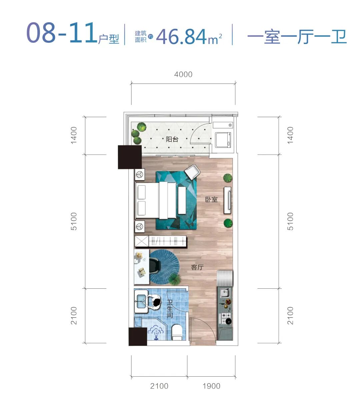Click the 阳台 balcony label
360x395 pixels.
click(x=172, y=139)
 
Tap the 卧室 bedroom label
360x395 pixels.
click(x=211, y=200)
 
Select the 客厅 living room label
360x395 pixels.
click(x=197, y=267)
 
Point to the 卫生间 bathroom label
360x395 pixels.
click(x=170, y=309)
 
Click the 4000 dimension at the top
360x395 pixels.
click(x=183, y=74)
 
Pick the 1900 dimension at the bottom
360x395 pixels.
click(x=211, y=386)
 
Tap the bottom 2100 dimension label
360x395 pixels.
click(x=159, y=386)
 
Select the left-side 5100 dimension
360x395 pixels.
click(x=74, y=221)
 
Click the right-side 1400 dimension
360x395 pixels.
click(x=290, y=135)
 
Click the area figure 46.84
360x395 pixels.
click(x=181, y=37)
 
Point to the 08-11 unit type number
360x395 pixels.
click(x=62, y=33)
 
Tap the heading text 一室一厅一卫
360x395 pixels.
click(x=297, y=37)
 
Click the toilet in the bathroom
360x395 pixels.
click(x=177, y=332)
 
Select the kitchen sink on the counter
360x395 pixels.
click(x=225, y=292)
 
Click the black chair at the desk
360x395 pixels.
click(x=155, y=266)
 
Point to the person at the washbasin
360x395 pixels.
click(x=153, y=301)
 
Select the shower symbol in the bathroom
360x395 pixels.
click(x=156, y=332)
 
